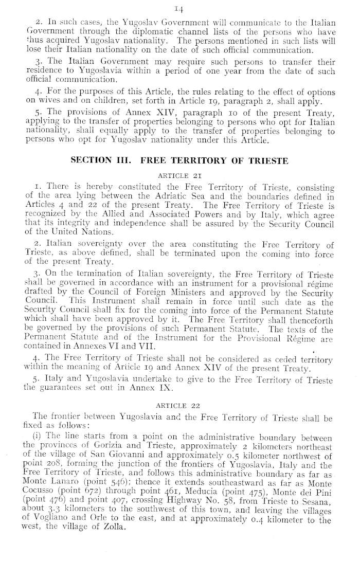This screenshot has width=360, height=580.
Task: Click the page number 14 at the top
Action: pyautogui.click(x=180, y=8)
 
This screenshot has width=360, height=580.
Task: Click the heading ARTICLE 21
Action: pyautogui.click(x=179, y=175)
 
